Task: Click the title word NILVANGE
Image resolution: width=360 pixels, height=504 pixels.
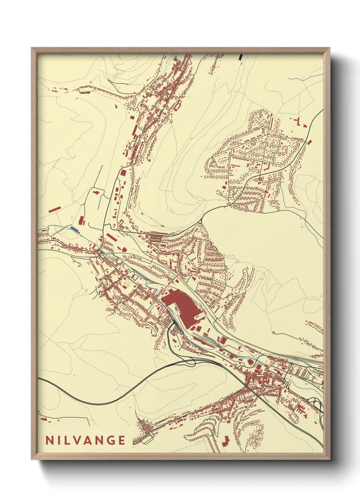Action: click(x=85, y=440)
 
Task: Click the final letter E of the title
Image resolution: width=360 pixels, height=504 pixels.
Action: click(x=121, y=440)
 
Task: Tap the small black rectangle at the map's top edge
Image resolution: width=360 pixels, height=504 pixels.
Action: click(x=241, y=57)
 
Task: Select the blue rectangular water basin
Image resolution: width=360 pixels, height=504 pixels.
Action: click(x=74, y=229)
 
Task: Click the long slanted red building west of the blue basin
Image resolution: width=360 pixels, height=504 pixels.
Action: click(x=55, y=209)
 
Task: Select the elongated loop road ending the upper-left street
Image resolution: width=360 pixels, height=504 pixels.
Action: click(x=84, y=90)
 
